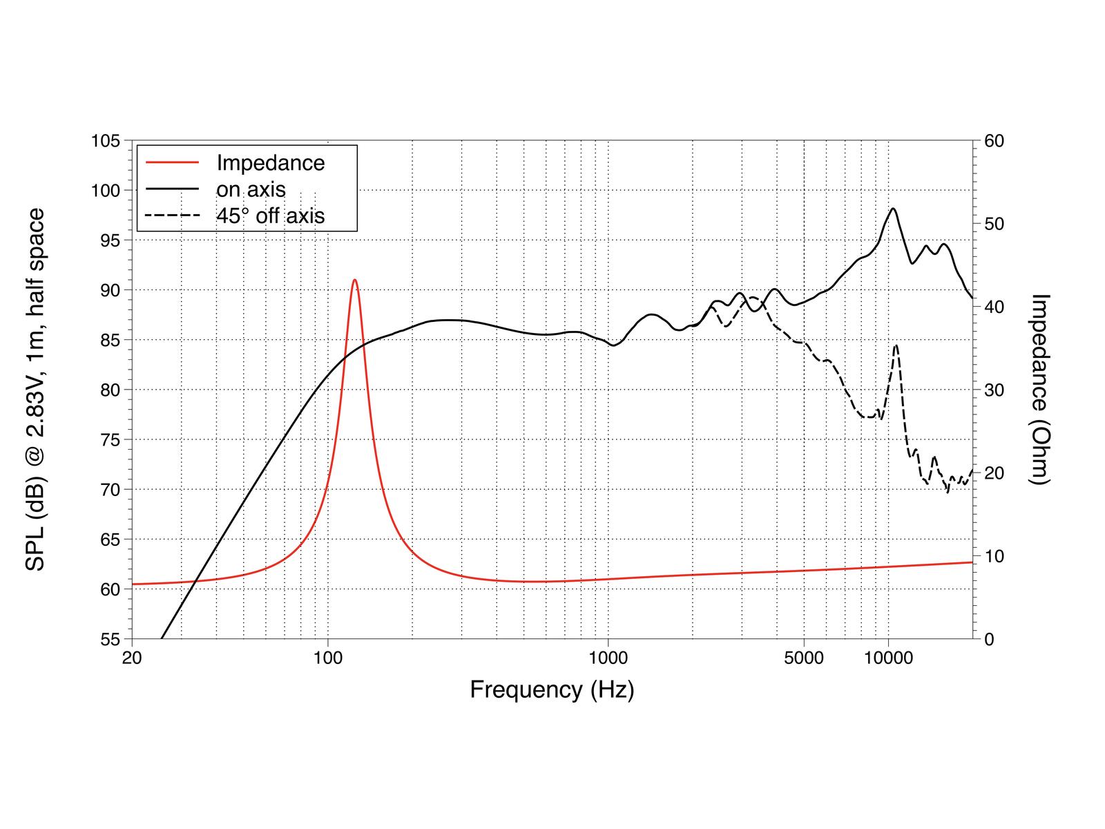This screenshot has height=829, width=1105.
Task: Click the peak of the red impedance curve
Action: pyautogui.click(x=354, y=280)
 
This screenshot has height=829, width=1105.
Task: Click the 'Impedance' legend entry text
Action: pyautogui.click(x=270, y=163)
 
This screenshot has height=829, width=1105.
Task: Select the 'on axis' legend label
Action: pyautogui.click(x=251, y=189)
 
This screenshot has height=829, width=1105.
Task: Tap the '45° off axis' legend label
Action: pyautogui.click(x=270, y=216)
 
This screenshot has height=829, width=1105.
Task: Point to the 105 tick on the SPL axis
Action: pyautogui.click(x=106, y=141)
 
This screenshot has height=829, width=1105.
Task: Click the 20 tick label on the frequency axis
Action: pyautogui.click(x=131, y=658)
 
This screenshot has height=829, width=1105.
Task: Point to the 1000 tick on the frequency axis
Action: pyautogui.click(x=608, y=658)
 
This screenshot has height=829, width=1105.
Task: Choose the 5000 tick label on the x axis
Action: pyautogui.click(x=804, y=658)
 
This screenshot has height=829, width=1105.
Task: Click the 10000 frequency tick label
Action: pyautogui.click(x=888, y=658)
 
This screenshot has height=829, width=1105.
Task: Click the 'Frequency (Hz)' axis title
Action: pyautogui.click(x=552, y=689)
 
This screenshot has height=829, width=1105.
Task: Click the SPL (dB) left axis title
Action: pyautogui.click(x=35, y=390)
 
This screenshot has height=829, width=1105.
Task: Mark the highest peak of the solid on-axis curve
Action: pyautogui.click(x=893, y=208)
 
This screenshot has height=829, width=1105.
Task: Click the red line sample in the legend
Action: pyautogui.click(x=173, y=163)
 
